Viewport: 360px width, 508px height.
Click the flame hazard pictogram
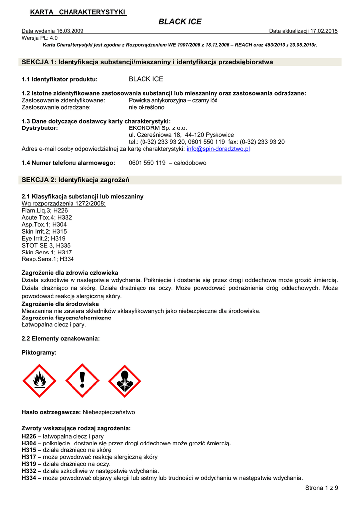[x=40, y=381]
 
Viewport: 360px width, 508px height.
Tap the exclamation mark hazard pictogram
[x=82, y=381]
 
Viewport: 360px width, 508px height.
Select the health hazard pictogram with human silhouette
[x=125, y=381]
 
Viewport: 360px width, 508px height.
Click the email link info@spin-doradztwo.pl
[x=218, y=149]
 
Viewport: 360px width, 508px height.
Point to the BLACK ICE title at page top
[x=180, y=22]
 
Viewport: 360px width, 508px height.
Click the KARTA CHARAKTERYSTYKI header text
[x=78, y=12]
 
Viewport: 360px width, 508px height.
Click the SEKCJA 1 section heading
[x=147, y=62]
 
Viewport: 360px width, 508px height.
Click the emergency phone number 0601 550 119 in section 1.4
[x=147, y=163]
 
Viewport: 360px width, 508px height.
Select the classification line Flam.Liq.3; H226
[x=45, y=210]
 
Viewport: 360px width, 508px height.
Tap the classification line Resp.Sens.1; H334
[x=48, y=259]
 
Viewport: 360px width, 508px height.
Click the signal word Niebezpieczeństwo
[x=109, y=412]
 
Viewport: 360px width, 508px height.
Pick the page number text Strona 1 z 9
[x=321, y=488]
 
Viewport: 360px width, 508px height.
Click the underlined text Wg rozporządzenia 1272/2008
[x=64, y=203]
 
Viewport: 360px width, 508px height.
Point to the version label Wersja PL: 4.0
[x=40, y=38]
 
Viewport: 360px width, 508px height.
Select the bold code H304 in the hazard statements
[x=29, y=443]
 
